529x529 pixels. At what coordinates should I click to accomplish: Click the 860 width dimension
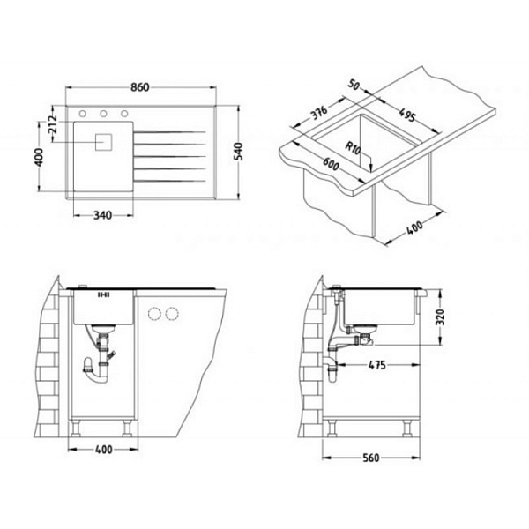click(140, 87)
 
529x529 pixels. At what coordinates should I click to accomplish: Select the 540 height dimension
click(238, 152)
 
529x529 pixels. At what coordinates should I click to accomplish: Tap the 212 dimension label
click(52, 123)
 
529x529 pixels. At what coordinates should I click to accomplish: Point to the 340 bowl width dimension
click(102, 215)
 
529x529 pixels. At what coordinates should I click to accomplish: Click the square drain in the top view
click(103, 142)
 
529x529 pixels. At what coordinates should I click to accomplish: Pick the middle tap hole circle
click(103, 114)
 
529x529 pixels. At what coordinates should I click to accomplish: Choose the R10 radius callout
click(354, 148)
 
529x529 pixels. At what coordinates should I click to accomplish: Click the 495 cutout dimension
click(406, 115)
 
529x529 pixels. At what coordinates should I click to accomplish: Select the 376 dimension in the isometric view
click(319, 112)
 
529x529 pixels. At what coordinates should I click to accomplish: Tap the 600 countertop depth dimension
click(331, 164)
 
